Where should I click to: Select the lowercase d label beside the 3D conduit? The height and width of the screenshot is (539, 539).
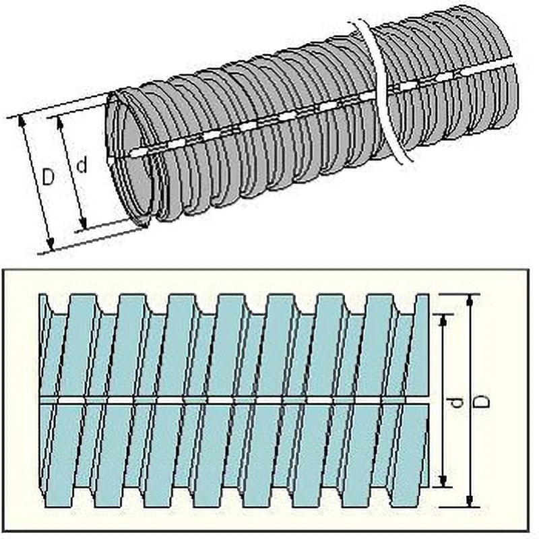tap(82, 164)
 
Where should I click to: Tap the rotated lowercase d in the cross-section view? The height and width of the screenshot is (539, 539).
tap(456, 402)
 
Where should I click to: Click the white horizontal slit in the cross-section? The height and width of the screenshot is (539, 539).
tap(236, 400)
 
